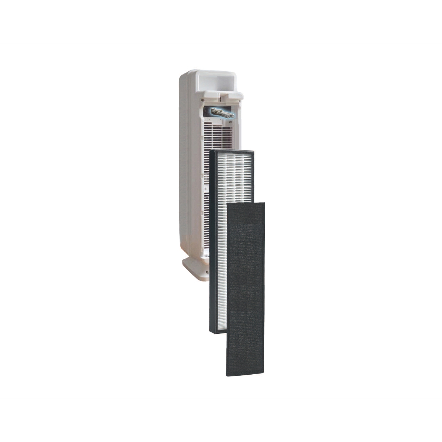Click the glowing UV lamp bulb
coord(221,113)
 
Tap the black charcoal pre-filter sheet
coord(245,290)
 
